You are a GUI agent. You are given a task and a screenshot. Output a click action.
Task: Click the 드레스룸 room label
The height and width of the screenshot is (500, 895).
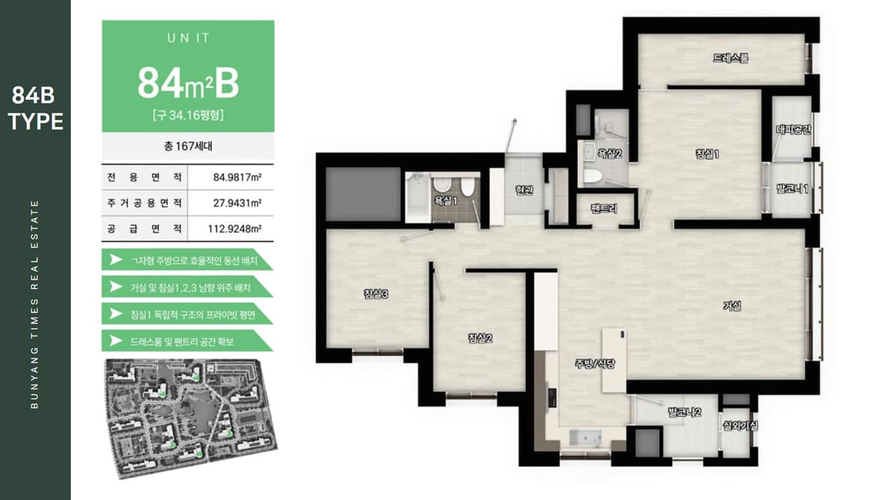point(730,58)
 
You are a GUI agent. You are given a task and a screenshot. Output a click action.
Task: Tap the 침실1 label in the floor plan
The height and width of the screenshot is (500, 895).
point(707,154)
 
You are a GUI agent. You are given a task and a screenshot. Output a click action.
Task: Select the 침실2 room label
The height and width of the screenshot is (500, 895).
point(480,338)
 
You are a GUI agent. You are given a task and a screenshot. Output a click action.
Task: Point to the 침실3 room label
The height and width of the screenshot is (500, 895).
point(376,294)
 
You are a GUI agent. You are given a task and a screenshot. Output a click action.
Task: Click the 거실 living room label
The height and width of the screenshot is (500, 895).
point(732,306)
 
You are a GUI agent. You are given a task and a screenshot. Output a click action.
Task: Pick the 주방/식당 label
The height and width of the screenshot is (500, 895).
point(594,364)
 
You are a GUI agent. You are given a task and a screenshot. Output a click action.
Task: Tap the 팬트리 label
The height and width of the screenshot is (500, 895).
point(604,208)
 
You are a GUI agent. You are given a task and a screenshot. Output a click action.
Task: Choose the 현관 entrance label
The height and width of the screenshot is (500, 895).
point(524,190)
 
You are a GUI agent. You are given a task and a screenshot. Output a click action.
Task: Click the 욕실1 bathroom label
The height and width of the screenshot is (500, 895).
point(445,200)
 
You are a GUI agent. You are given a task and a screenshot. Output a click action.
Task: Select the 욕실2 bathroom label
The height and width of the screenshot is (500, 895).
point(609,154)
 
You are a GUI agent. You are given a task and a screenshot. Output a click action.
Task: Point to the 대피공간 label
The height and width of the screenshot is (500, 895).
point(793,130)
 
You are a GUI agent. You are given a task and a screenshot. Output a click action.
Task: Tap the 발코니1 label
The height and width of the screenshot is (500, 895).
point(792,189)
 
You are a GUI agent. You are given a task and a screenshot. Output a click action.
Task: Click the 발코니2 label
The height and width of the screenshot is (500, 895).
point(685,412)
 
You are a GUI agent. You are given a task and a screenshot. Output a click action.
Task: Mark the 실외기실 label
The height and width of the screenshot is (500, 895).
point(740,426)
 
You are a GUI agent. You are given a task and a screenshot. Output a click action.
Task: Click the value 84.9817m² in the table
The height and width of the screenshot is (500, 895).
point(237,177)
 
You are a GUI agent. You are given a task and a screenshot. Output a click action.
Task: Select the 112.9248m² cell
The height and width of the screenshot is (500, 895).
point(234,229)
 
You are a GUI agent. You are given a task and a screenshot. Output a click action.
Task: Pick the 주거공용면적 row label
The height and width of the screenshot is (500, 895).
point(144,203)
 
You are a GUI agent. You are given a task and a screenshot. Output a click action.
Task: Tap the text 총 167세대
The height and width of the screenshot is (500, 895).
point(188,146)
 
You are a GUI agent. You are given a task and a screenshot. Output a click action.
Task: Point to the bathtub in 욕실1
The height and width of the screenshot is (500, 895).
point(418,197)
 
